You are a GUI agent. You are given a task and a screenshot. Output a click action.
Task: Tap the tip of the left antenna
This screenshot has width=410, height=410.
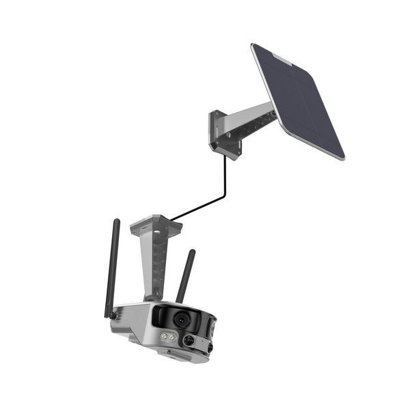pos(117,221)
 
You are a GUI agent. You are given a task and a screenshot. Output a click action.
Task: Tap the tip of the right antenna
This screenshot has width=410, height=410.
pos(193,252)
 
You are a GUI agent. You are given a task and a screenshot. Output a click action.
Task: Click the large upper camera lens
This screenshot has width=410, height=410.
pos(180,319)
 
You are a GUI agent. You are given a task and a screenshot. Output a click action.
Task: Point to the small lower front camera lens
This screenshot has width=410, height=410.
pos(188,340)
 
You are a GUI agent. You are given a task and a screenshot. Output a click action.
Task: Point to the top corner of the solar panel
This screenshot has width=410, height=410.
pos(254,45)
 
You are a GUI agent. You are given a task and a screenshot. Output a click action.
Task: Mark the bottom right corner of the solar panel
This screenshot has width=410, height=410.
pos(342,159)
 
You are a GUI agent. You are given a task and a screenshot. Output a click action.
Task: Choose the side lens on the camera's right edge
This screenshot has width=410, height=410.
pos(210,348)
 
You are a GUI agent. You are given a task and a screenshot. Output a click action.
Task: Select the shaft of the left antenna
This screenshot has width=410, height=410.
pos(113,266)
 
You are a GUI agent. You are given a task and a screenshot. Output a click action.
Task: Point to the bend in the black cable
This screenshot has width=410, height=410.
pos(225,197)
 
